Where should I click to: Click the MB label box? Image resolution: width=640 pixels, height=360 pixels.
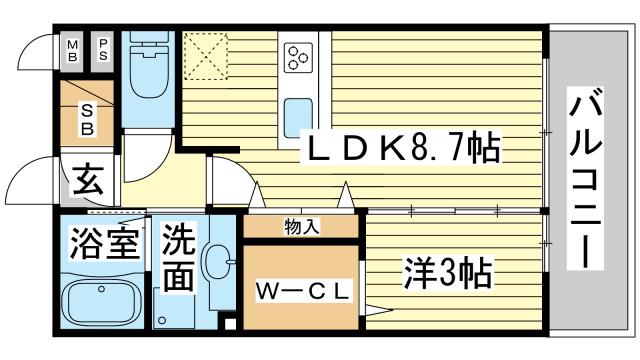(x=72, y=49)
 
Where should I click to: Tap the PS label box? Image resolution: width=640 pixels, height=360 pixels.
(x=104, y=49)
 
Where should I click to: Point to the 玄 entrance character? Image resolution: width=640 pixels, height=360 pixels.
(x=88, y=183)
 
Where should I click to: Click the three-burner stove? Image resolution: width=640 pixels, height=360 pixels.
(x=299, y=57)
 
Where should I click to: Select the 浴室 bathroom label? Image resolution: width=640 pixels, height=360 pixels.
(x=103, y=243)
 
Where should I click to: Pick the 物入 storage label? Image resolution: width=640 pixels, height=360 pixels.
(x=301, y=226)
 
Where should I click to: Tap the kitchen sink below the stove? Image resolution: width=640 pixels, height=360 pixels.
(x=297, y=109)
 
